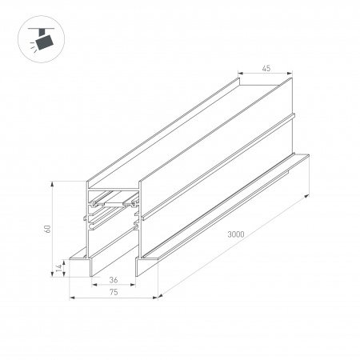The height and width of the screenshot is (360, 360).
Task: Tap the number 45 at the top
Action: (x=264, y=68)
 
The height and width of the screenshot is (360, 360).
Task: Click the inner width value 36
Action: (x=114, y=280)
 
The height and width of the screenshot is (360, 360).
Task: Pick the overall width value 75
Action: (x=114, y=294)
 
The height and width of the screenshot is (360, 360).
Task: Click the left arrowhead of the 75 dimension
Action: (x=74, y=299)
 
